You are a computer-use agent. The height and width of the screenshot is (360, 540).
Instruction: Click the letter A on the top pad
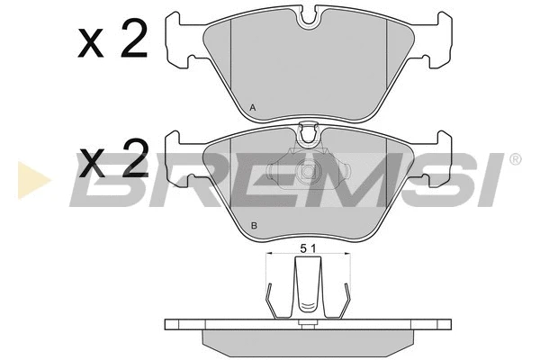253,108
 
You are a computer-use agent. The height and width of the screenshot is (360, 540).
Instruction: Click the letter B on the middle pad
254,226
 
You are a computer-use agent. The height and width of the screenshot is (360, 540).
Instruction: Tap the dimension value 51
308,248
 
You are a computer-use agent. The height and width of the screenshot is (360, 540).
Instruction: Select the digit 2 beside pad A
134,38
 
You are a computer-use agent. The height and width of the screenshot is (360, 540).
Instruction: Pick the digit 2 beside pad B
135,157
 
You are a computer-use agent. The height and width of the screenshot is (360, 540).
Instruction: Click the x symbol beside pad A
91,43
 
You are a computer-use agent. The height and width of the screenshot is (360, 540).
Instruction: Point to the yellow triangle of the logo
33,180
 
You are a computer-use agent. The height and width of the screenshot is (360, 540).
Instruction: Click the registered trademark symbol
515,159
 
